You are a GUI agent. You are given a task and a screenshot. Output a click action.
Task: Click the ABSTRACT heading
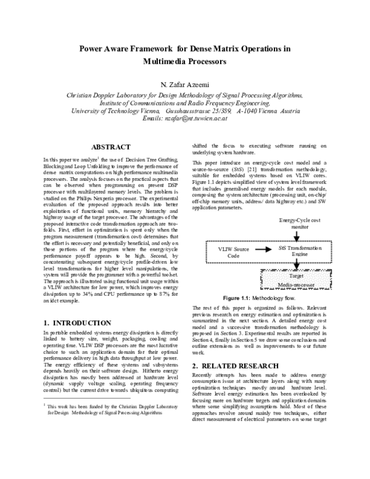click(110, 147)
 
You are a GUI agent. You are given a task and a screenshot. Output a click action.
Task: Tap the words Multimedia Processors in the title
click(185, 62)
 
